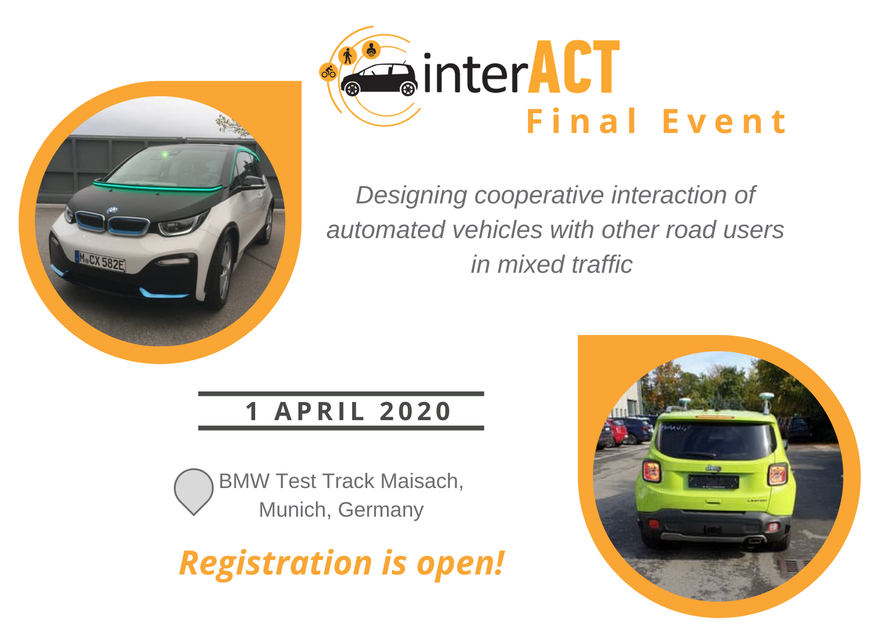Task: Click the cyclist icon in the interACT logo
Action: click(329, 72)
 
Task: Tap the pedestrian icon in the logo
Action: click(347, 55)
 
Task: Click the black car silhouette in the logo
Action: click(379, 79)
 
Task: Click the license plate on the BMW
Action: click(100, 261)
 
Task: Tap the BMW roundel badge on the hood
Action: click(112, 211)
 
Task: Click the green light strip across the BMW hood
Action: click(157, 186)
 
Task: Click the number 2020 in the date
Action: click(416, 411)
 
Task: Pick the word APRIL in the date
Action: click(319, 411)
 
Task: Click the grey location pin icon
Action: click(194, 491)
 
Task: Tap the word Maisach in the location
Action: click(422, 481)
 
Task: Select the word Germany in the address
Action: click(381, 510)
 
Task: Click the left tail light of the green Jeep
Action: click(652, 472)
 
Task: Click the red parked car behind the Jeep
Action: click(617, 432)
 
